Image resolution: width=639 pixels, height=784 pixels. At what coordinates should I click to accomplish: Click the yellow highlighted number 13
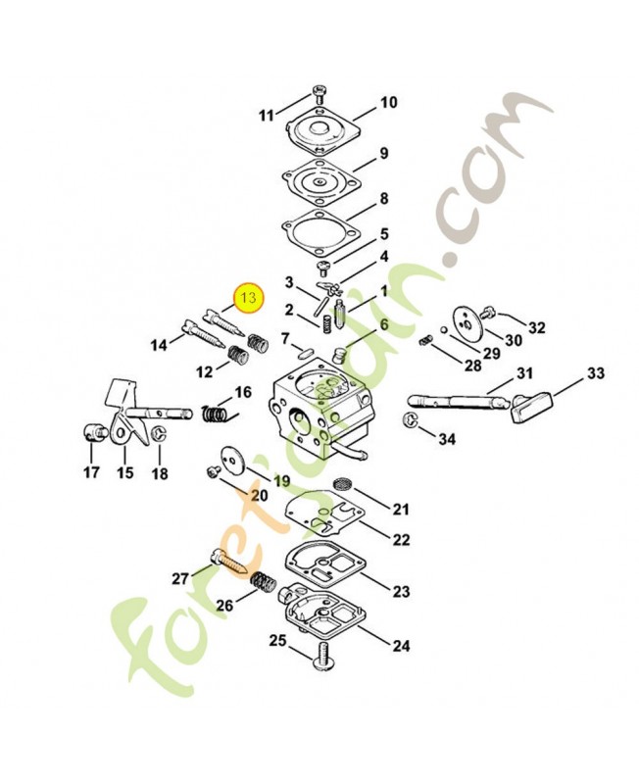coord(247,297)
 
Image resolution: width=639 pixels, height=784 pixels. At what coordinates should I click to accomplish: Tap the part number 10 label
coord(388,102)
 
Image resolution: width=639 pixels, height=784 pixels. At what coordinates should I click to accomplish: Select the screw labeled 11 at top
coord(319,94)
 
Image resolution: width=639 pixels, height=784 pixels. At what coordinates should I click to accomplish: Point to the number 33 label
coord(595,373)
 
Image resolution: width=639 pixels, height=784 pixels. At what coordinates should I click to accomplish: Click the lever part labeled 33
coord(530,405)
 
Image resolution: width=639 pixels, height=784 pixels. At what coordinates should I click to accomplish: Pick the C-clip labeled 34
coord(410,421)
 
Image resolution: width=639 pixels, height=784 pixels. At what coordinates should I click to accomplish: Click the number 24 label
coord(401,646)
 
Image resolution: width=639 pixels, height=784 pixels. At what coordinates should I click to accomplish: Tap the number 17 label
coord(91,473)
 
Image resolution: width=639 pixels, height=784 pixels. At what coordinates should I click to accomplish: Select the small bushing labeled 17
coord(93,432)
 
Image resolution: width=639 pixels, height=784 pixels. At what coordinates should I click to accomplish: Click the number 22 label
coord(401,540)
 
